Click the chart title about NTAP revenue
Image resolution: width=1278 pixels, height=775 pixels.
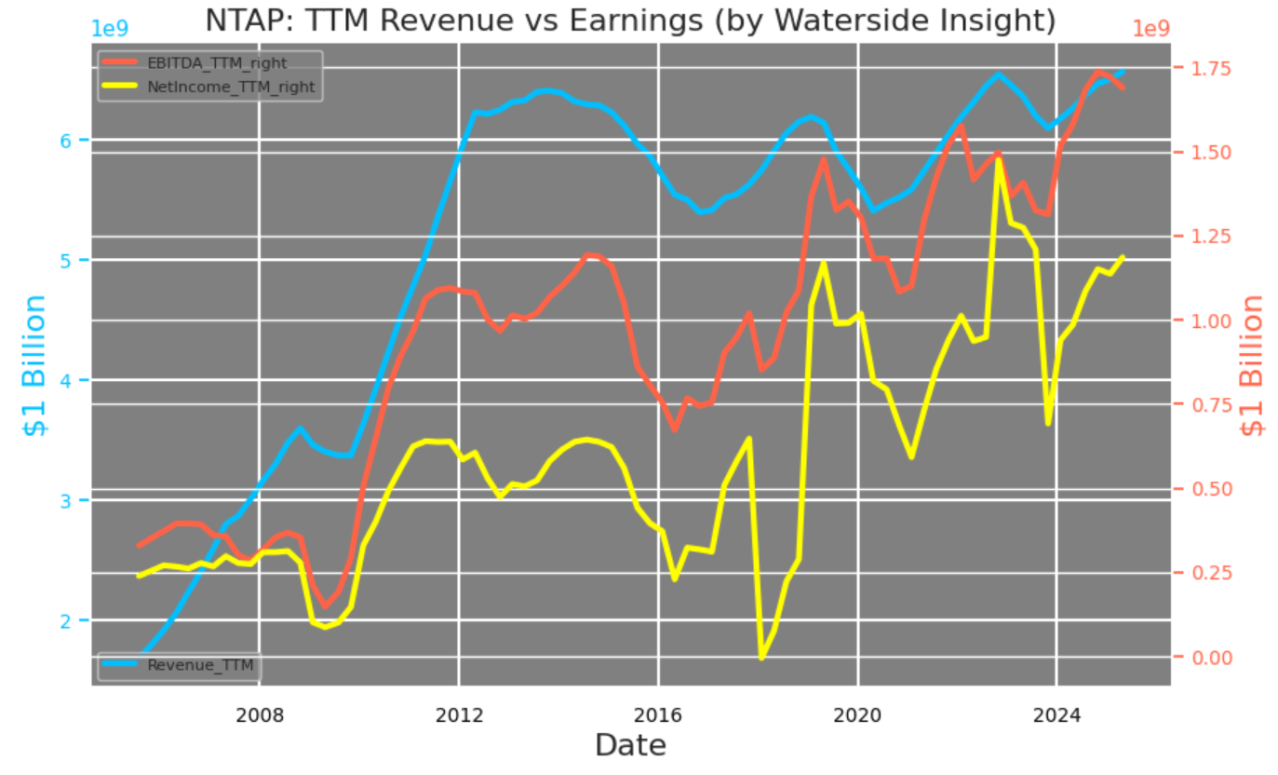630,20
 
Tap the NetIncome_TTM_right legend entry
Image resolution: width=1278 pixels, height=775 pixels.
231,88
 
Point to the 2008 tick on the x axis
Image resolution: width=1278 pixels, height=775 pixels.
259,715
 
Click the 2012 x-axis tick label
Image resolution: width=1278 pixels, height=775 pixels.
459,715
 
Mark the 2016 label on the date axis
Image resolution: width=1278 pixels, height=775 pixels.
658,715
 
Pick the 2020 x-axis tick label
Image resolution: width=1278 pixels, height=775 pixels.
857,715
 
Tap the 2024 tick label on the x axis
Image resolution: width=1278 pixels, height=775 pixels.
1056,715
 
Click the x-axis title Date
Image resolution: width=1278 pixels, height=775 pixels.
630,746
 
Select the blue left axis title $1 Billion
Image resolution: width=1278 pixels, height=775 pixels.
35,365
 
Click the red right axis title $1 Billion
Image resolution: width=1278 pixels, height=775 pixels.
1253,365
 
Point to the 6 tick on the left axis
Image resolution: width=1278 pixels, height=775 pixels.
80,140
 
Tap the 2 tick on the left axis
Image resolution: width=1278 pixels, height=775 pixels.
80,620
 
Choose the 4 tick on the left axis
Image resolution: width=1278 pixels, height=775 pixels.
80,380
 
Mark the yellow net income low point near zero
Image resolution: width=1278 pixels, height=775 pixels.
762,658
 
